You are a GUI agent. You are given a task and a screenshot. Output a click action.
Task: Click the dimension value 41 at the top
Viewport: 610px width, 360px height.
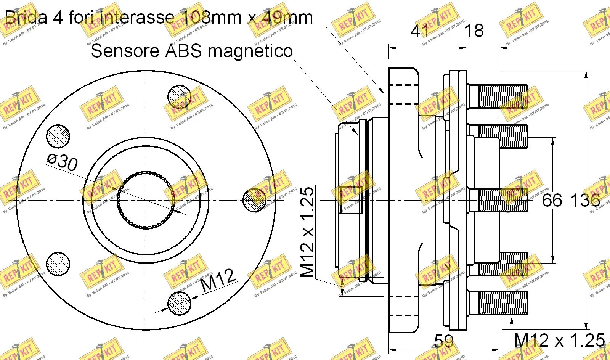[x=420, y=31]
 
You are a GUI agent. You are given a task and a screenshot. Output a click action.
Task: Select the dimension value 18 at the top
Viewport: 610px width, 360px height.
[x=474, y=31]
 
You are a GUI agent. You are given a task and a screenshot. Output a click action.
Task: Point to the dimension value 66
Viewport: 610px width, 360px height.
[x=552, y=200]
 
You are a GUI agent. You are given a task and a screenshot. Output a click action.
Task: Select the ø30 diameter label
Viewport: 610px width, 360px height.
[x=62, y=162]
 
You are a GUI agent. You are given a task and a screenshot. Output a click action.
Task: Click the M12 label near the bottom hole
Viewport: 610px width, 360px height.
[x=218, y=280]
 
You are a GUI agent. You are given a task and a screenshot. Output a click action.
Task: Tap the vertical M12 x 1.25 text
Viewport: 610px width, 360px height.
[x=307, y=232]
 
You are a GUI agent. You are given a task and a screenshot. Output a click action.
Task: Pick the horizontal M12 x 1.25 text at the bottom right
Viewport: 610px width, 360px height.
[x=559, y=340]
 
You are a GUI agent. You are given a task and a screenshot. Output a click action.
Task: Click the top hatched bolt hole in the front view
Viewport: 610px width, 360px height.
[x=179, y=97]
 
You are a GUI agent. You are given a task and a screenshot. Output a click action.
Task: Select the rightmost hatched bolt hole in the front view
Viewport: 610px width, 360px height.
[x=254, y=200]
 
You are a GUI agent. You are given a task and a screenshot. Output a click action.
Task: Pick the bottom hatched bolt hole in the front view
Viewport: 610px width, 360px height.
[x=179, y=303]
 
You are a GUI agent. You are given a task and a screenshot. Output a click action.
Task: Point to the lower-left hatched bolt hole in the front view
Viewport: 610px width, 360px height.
[x=58, y=264]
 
